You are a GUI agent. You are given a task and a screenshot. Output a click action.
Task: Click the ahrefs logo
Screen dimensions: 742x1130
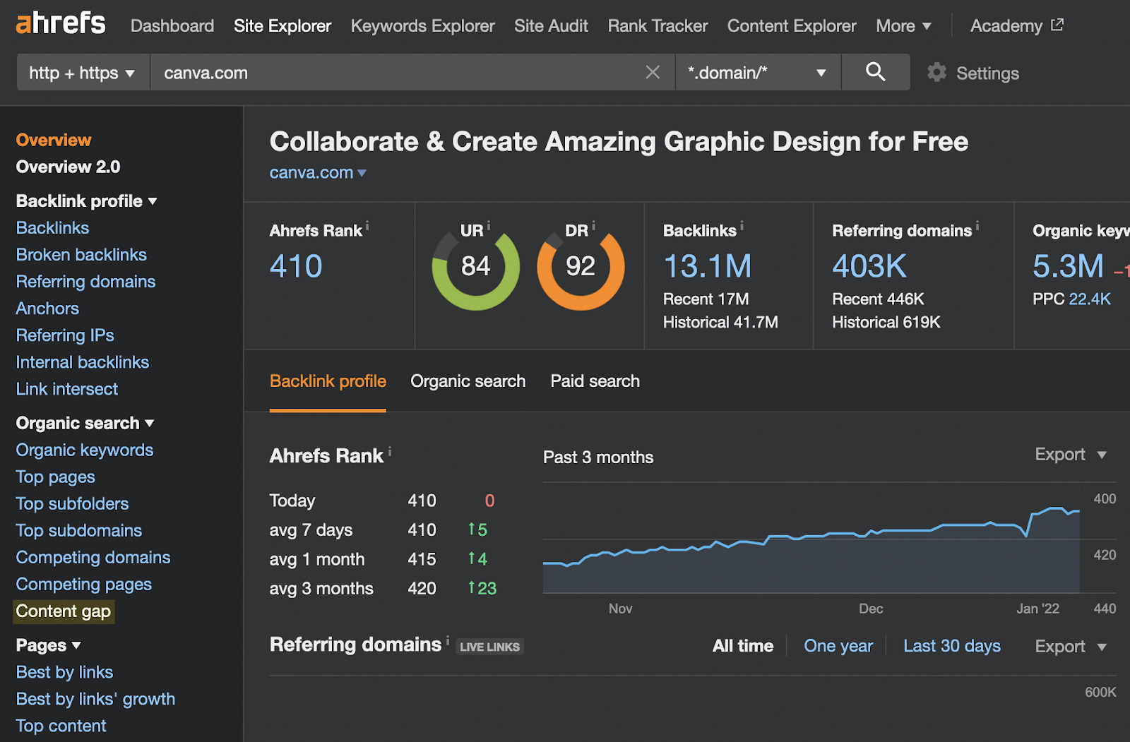(61, 23)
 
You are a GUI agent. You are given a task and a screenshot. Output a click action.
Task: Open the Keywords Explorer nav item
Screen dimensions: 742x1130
(422, 26)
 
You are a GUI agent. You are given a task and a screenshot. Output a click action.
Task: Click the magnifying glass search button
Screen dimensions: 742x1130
(875, 72)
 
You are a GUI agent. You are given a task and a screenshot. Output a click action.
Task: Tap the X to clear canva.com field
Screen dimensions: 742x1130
(653, 73)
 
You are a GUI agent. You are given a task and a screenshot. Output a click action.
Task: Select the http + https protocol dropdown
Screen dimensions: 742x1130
(82, 73)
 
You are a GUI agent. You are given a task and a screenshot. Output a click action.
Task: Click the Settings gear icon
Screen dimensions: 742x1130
(936, 73)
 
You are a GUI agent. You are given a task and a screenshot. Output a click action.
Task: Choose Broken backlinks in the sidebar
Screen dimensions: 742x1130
(81, 255)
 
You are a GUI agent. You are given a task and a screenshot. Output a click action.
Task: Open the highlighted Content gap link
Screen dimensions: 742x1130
(64, 611)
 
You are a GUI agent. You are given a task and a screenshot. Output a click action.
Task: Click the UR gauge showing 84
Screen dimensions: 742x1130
(475, 267)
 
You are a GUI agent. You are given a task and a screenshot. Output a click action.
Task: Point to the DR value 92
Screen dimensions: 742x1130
(580, 267)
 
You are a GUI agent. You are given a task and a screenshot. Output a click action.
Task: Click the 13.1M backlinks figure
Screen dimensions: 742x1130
(707, 267)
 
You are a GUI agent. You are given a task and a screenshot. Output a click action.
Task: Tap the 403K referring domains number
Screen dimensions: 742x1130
(869, 267)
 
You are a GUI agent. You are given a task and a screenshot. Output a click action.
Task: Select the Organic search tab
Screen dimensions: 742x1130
(468, 381)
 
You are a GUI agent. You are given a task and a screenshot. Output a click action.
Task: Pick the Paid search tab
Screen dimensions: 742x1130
(595, 381)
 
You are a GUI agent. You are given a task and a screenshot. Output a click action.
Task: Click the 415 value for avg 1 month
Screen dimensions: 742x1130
(422, 559)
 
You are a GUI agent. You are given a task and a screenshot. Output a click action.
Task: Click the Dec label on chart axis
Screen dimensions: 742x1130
(870, 609)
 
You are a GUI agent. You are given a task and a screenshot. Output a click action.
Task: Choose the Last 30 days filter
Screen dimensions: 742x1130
(951, 646)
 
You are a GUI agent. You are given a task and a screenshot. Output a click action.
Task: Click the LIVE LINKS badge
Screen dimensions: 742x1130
(489, 647)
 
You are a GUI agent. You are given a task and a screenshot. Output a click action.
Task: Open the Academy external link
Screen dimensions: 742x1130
(1016, 26)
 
